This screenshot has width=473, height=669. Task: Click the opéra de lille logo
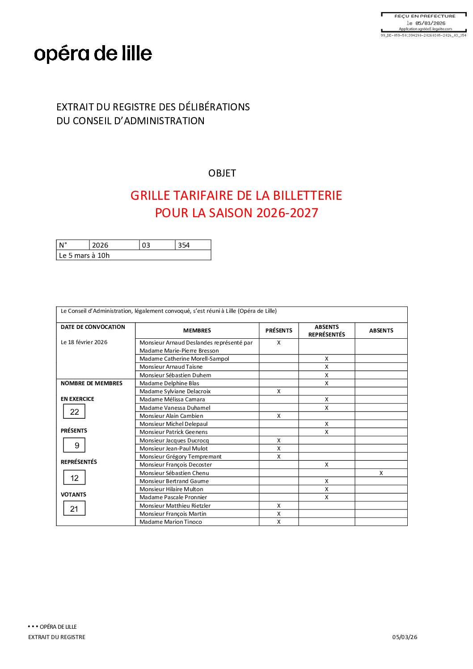point(93,54)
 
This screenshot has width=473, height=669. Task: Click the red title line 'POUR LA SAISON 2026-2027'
point(236,213)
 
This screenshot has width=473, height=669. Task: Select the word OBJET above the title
point(222,173)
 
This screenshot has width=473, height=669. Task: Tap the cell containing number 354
point(192,245)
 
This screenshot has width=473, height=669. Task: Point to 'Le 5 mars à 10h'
point(84,256)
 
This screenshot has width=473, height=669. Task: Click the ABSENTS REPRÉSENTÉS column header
point(326,331)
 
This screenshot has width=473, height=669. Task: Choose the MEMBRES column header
point(197,331)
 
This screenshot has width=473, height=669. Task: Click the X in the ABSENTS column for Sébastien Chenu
point(381,473)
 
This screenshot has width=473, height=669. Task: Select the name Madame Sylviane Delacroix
point(175,391)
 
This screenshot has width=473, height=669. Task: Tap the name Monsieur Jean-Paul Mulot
point(173,449)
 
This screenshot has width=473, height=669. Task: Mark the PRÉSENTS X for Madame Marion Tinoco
point(279,522)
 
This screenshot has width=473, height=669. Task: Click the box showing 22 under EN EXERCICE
point(74,412)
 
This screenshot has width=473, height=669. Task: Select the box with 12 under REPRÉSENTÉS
point(74,478)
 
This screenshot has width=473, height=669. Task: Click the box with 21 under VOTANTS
point(74,509)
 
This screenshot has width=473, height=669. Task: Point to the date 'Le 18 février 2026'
point(84,342)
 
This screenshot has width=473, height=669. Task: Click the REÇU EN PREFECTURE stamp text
point(425,16)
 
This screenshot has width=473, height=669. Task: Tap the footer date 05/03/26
point(405,637)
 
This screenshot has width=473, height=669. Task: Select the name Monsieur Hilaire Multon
point(171,489)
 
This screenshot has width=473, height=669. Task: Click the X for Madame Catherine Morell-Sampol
point(326,359)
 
